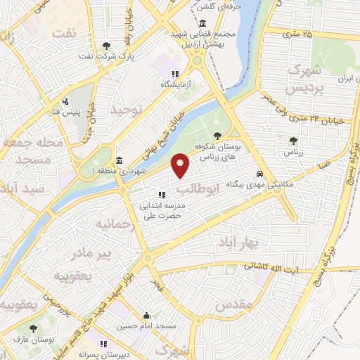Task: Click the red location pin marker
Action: pos(181,165)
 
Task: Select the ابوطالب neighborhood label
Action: pos(198,188)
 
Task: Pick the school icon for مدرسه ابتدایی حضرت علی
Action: pos(162,194)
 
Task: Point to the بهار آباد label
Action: pos(254,243)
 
